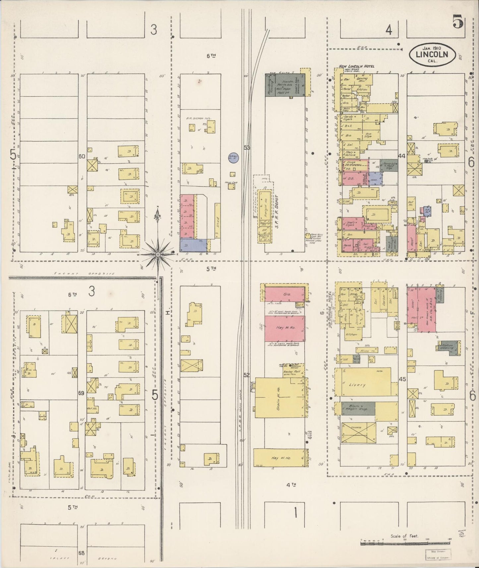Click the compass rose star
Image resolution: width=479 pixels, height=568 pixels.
[158, 254]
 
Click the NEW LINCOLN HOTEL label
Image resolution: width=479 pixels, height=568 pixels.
[356, 66]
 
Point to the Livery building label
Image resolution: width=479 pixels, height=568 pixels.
[357, 385]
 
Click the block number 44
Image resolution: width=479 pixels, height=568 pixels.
[402, 156]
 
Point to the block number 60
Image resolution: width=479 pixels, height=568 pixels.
[82, 156]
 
